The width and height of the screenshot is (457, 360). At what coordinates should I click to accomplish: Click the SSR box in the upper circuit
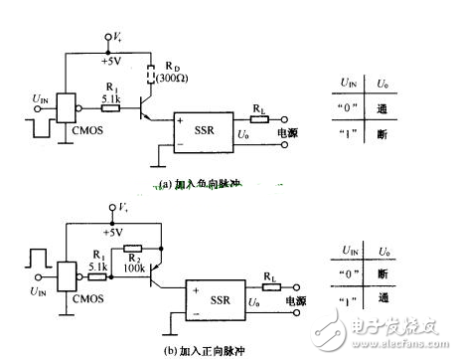click(205, 132)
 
